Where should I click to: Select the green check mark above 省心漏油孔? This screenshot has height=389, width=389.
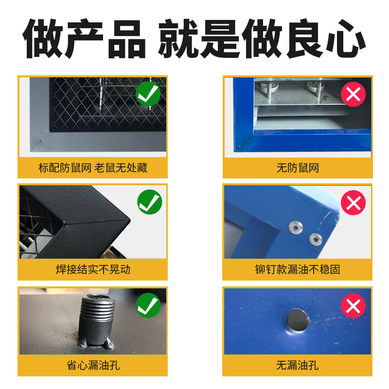(x=149, y=306)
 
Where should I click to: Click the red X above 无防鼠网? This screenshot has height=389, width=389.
(x=353, y=94)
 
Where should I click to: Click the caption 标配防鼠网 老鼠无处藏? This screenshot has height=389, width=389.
(x=92, y=168)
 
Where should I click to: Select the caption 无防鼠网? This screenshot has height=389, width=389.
(x=298, y=168)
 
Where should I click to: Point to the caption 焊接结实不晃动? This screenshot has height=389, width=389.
(x=92, y=270)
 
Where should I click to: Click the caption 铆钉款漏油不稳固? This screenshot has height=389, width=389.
(x=298, y=270)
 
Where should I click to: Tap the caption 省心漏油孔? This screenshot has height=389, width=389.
(x=92, y=365)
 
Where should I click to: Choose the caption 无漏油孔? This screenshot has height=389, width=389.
(x=298, y=365)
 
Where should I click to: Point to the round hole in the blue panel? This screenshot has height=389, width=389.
(x=297, y=320)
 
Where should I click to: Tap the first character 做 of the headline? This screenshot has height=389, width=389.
(x=43, y=39)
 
